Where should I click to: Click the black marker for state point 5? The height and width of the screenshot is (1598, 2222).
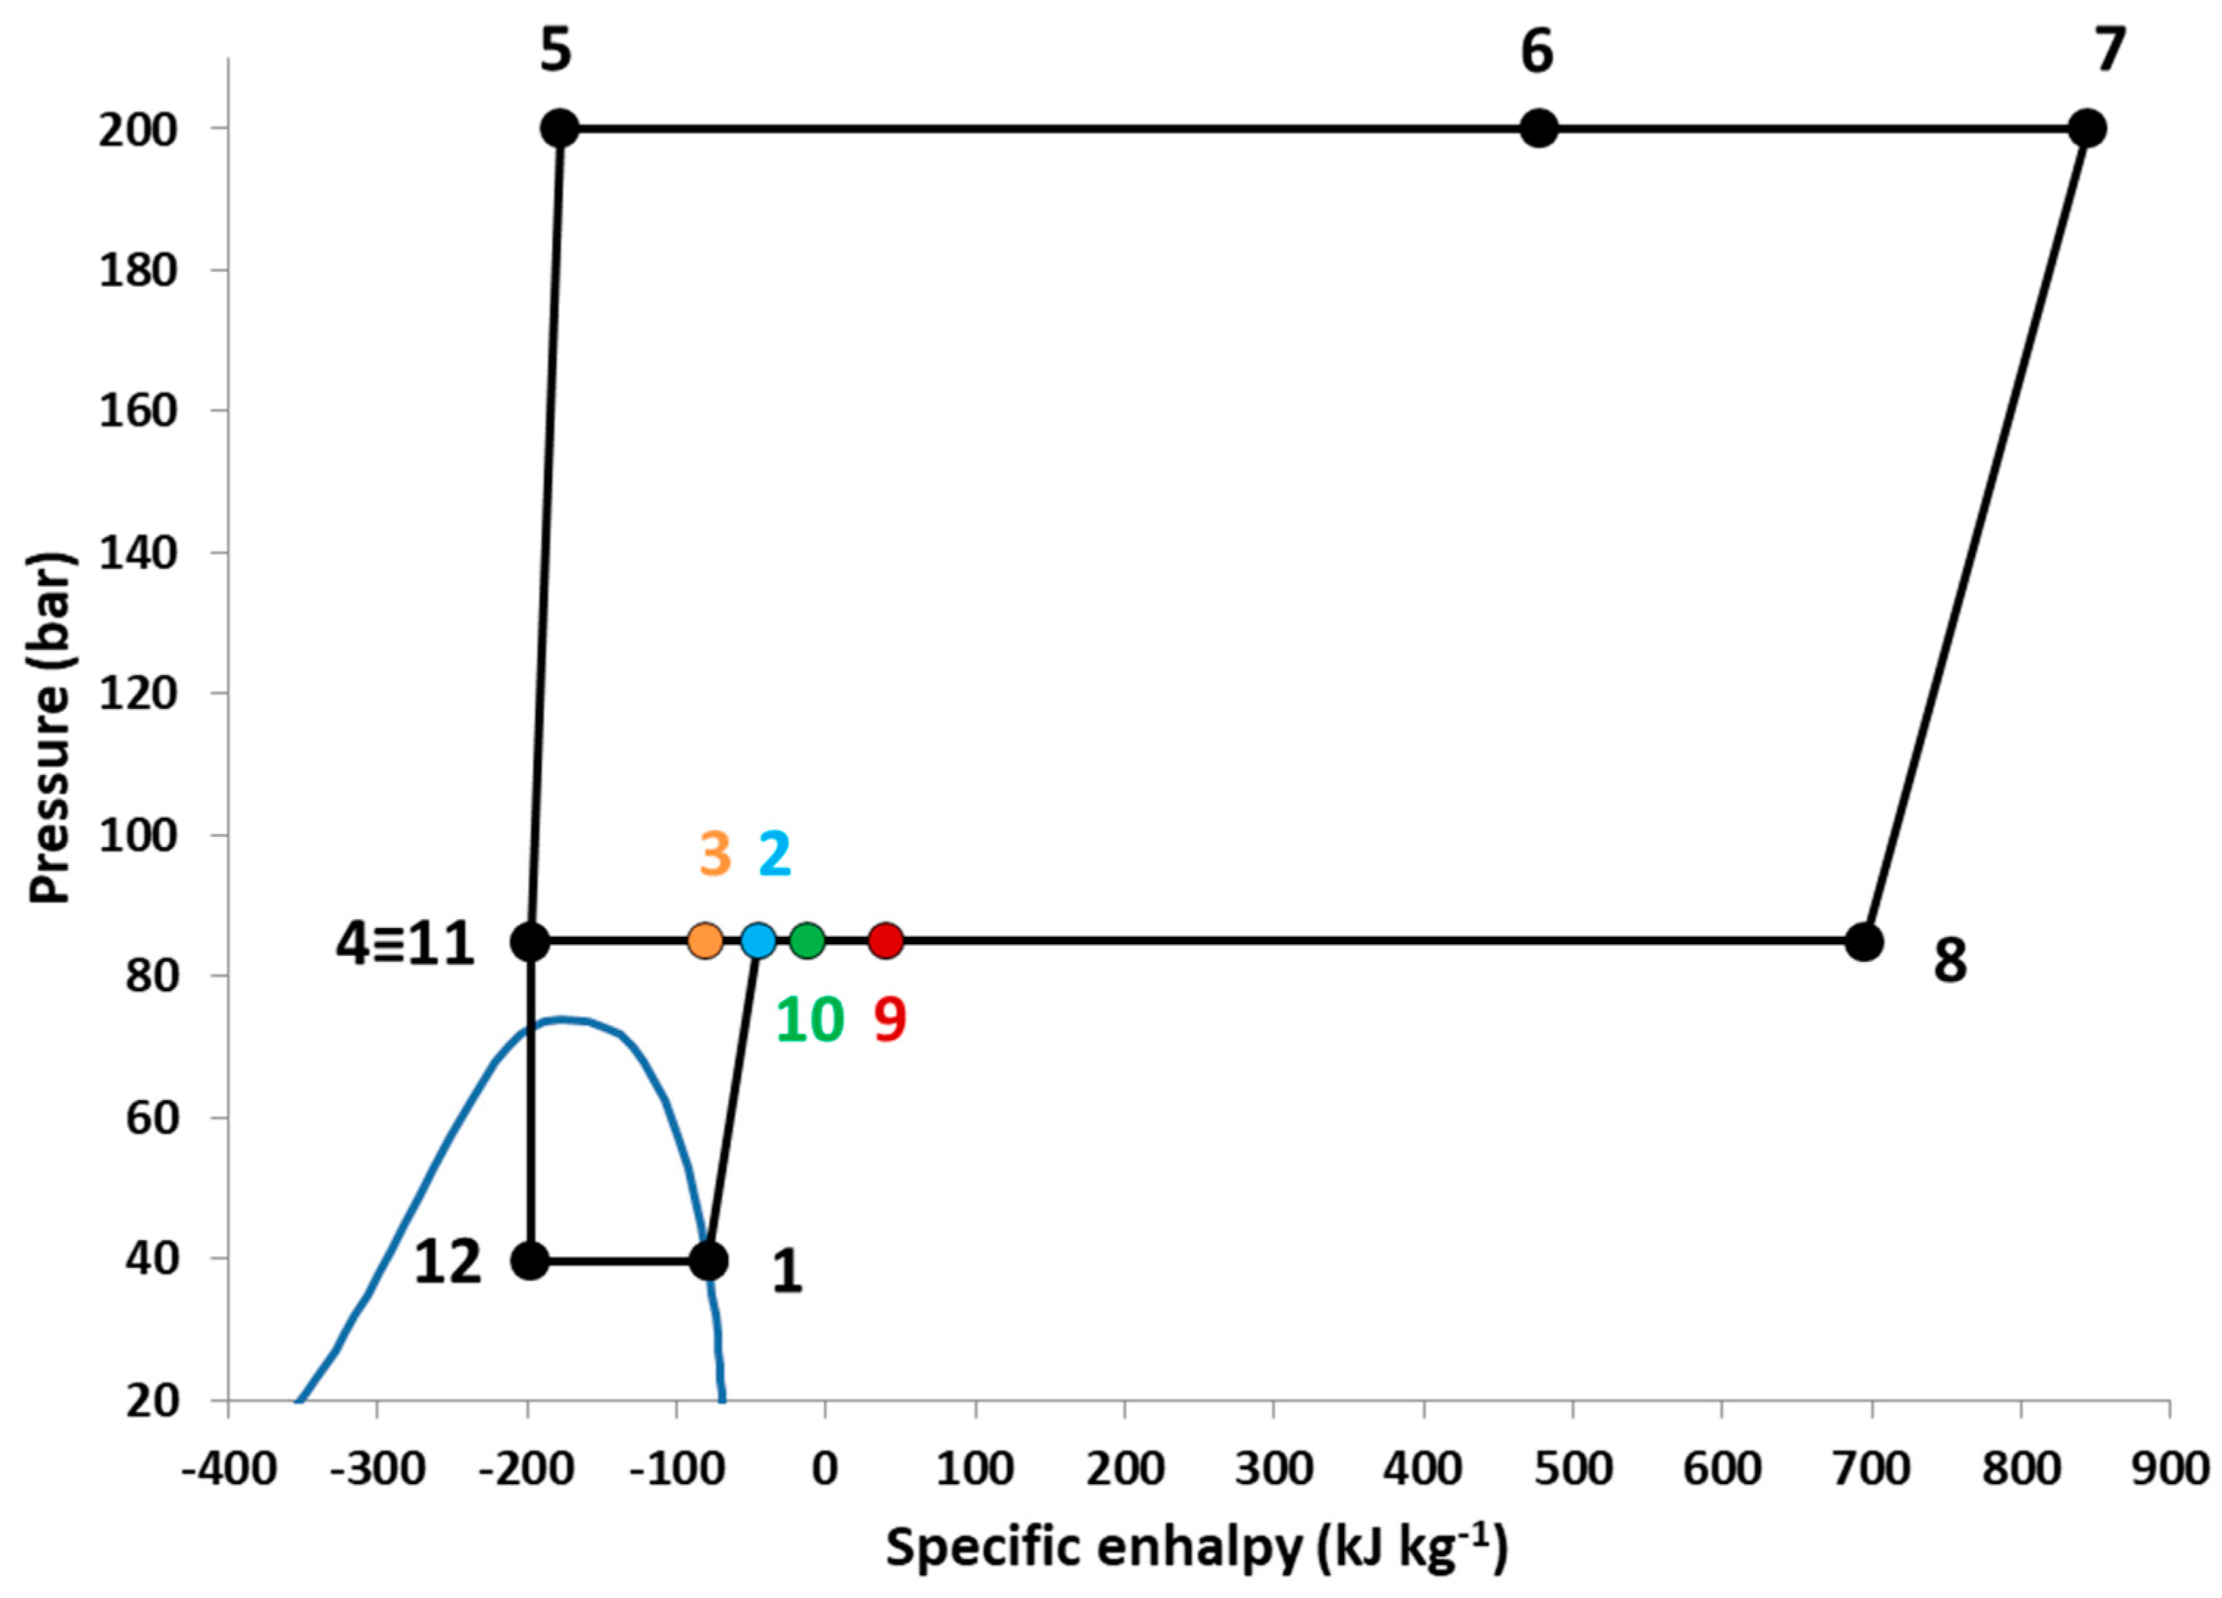(x=560, y=129)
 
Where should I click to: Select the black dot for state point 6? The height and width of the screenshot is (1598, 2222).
(x=1538, y=129)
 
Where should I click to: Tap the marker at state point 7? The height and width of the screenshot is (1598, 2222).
(x=2087, y=129)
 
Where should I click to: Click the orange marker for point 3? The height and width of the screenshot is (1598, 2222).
(x=705, y=941)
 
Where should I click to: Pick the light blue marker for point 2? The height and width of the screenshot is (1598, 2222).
(x=757, y=941)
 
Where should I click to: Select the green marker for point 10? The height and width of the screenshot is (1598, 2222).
(x=807, y=941)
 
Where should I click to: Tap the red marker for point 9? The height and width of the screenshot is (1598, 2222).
(x=886, y=941)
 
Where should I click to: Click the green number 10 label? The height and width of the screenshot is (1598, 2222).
(x=810, y=1020)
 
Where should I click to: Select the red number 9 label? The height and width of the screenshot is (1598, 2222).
(x=890, y=1020)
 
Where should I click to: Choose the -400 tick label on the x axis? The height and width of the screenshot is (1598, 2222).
(x=228, y=1469)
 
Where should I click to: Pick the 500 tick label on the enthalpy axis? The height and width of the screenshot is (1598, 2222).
(x=1573, y=1469)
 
